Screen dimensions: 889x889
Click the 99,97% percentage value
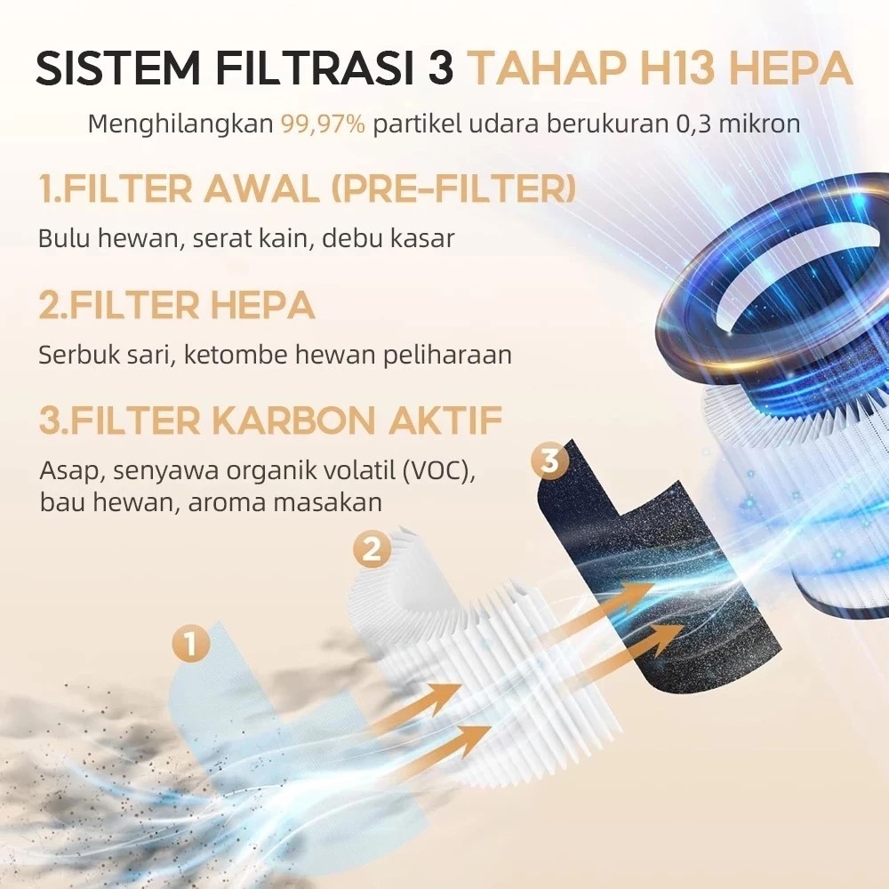(324, 124)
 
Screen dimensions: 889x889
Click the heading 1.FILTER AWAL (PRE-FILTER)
(307, 189)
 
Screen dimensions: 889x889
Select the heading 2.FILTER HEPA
(177, 305)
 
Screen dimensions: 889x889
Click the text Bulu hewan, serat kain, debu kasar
(246, 239)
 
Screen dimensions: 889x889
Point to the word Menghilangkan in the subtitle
(180, 124)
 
